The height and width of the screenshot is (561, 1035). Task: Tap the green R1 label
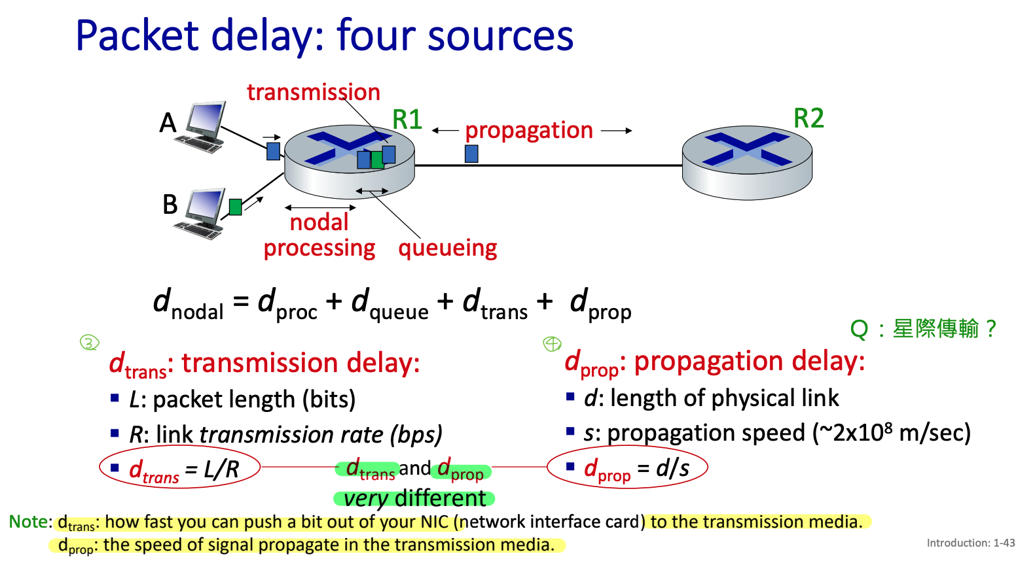pos(407,120)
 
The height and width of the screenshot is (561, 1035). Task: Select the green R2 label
pos(808,118)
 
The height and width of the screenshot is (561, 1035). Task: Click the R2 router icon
pos(747,162)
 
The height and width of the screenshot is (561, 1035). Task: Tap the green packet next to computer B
pos(236,207)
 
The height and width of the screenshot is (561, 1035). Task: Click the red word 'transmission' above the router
pos(314,92)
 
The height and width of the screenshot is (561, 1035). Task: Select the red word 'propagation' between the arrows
pos(529,130)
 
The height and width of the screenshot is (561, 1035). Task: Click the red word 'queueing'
pos(448,248)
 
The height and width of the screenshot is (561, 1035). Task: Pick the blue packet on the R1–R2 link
pos(471,154)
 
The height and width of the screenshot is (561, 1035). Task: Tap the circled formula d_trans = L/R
pos(180,468)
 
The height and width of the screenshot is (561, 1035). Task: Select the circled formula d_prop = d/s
pos(627,468)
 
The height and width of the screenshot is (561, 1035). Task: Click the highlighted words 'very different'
pos(414,498)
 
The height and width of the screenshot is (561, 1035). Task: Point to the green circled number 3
pos(89,342)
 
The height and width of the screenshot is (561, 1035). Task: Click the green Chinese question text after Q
pos(943,328)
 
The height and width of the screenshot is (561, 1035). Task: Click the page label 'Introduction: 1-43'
pos(970,543)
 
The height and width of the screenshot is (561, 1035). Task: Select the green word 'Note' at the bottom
pos(27,522)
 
